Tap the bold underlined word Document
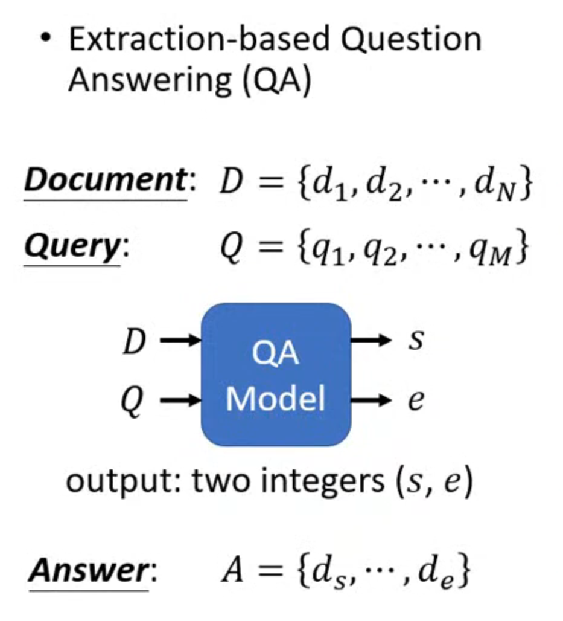click(x=107, y=180)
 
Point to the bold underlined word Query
click(x=73, y=246)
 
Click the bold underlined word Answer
click(x=90, y=570)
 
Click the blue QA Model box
click(x=276, y=375)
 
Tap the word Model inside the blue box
click(x=276, y=399)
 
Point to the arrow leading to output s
click(x=372, y=341)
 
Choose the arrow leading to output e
click(x=372, y=399)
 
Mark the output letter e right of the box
click(x=415, y=400)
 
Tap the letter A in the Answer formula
click(x=232, y=570)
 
